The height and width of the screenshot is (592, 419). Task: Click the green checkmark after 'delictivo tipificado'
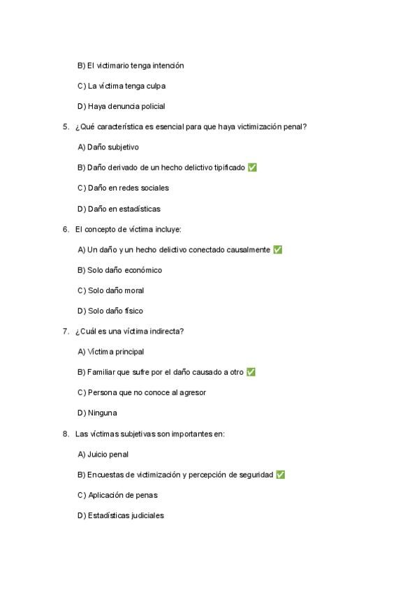point(252,168)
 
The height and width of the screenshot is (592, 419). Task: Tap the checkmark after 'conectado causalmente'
point(278,249)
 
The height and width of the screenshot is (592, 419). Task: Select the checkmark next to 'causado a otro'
point(251,372)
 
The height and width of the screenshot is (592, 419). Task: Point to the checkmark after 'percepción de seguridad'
point(281,475)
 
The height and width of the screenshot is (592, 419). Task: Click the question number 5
point(66,127)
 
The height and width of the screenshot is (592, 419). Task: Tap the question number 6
point(66,229)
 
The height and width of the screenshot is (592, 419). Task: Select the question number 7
point(66,331)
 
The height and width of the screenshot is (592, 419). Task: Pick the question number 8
point(66,434)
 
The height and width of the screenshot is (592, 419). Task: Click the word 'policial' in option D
point(152,106)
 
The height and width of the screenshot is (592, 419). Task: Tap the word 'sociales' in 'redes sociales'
point(154,188)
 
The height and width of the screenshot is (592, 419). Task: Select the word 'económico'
point(145,270)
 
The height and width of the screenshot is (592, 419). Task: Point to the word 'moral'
point(134,290)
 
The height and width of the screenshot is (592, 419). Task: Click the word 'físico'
point(133,311)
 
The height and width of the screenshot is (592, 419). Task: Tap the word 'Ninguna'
point(103,413)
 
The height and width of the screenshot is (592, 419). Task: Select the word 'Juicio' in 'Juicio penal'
point(98,454)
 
